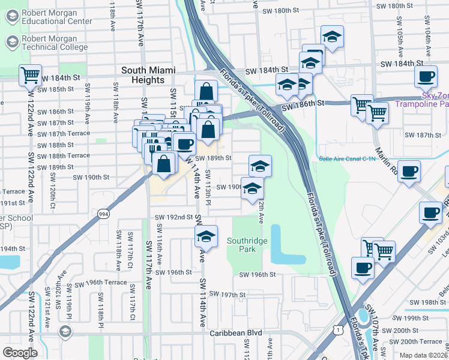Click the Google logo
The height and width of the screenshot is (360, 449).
point(20,353)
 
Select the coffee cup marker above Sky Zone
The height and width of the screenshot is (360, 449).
point(426,77)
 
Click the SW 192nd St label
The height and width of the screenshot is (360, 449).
point(173,217)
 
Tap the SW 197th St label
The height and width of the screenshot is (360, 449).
point(225,295)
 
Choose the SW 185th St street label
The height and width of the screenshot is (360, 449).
point(55,89)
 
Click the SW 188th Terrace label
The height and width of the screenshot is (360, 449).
point(63,155)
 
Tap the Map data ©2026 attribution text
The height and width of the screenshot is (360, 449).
point(423,355)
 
